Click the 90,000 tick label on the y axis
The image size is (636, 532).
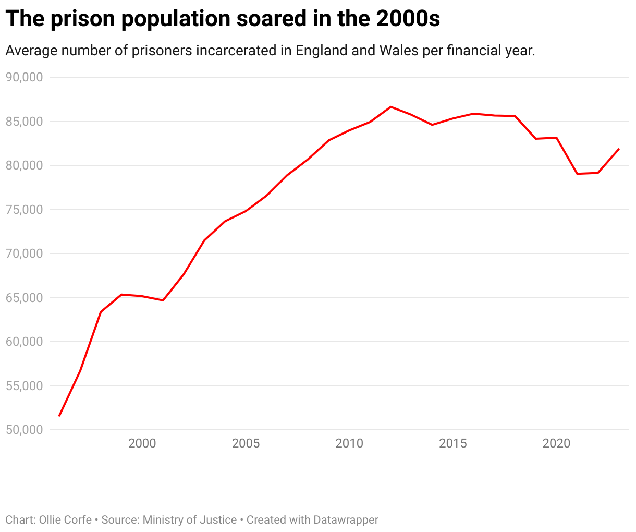(23, 77)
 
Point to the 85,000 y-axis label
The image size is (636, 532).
(23, 122)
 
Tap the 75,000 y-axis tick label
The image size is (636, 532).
(23, 210)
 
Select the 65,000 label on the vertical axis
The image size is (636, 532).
(23, 298)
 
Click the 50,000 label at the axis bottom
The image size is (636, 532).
(23, 430)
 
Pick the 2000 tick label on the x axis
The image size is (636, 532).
(142, 444)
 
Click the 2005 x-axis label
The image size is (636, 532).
(246, 444)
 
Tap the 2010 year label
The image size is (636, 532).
(349, 444)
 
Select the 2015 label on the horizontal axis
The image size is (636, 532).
(453, 444)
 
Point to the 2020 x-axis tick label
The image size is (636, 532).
(556, 444)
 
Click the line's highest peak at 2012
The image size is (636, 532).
(391, 107)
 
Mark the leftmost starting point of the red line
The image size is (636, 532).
(59, 416)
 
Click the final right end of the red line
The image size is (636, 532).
(618, 149)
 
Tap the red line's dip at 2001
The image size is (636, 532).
(163, 300)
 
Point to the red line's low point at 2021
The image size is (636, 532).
(577, 174)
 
